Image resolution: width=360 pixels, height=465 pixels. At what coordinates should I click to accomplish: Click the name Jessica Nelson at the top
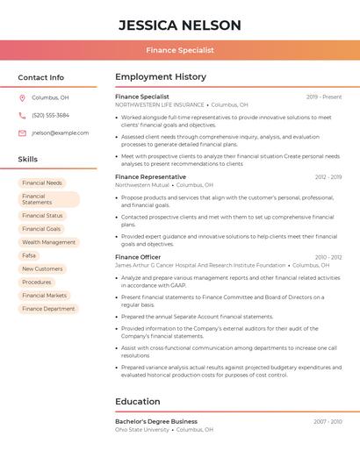pos(180,24)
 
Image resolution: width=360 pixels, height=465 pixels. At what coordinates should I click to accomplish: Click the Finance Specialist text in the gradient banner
pos(180,50)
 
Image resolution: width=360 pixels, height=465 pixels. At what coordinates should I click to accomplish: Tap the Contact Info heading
pos(41,77)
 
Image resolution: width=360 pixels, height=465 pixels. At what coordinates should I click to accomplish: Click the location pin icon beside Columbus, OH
pos(22,97)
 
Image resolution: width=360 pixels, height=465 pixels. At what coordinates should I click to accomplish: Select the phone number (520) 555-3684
pos(50,115)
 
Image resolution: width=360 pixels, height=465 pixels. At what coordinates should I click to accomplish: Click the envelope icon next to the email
pos(22,132)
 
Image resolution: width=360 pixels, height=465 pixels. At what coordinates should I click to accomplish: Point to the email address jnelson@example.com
pos(60,132)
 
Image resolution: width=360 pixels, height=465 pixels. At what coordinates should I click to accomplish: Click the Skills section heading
pos(28,160)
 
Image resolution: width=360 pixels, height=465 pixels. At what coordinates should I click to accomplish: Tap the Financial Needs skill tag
pos(42,182)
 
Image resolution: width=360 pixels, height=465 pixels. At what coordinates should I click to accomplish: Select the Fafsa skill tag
pos(30,255)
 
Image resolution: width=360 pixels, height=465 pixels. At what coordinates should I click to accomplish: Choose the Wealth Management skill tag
pos(49,242)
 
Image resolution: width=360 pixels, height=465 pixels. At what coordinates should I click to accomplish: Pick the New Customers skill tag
pos(42,268)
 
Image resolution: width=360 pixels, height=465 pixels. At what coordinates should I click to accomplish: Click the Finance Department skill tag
pos(48,309)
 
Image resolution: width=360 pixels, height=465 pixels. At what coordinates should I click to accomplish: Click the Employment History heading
pos(161,77)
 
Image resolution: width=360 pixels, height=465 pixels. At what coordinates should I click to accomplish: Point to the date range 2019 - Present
pos(324,97)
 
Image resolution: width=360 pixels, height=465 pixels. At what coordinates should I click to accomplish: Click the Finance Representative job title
pos(150,177)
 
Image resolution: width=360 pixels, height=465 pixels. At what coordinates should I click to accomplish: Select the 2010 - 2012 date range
pos(328,257)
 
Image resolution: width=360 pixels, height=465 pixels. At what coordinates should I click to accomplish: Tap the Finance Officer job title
pos(138,257)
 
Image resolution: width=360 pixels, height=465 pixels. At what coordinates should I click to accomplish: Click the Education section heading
pos(138,402)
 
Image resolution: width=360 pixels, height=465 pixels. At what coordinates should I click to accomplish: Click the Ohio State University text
pos(142,430)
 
